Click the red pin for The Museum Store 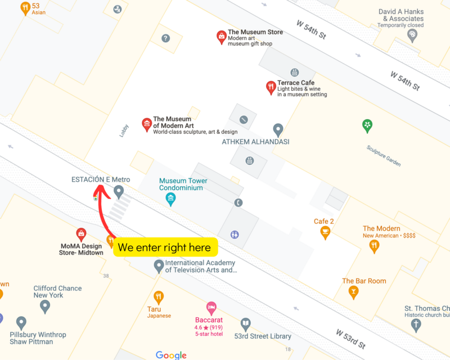222,37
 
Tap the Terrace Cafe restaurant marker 271,87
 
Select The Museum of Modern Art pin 147,124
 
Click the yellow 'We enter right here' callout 165,247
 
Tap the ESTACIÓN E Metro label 101,179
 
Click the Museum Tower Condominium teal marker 170,199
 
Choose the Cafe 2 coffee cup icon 325,232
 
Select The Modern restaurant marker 374,246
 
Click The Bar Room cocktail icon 353,291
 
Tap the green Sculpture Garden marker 367,125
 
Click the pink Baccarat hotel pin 211,308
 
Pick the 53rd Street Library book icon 245,323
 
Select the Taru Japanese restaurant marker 159,297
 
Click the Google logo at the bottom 171,354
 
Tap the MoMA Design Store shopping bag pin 81,234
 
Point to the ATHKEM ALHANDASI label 255,142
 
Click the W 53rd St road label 351,337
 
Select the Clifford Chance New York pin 45,306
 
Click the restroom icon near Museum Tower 234,234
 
